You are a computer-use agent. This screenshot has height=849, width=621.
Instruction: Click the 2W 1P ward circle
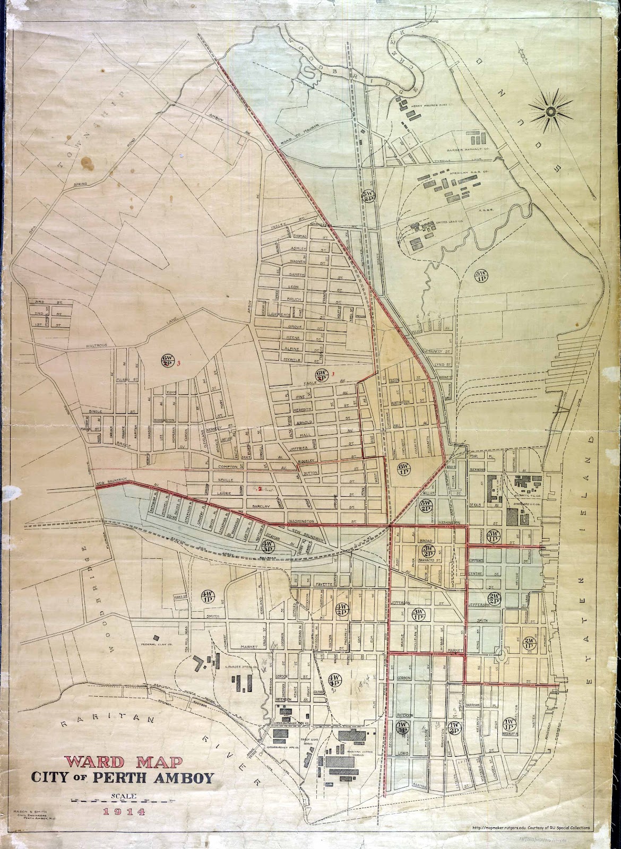pyautogui.click(x=529, y=643)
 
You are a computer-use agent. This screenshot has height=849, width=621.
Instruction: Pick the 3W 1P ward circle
pyautogui.click(x=418, y=614)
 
